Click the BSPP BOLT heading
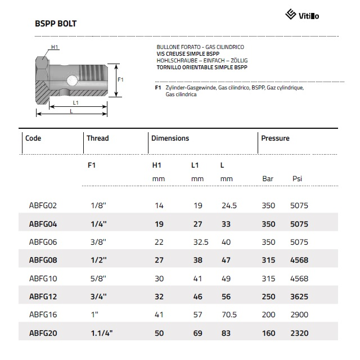click(56, 24)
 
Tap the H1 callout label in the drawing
click(55, 47)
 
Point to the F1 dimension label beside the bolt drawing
click(120, 80)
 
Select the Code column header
click(33, 138)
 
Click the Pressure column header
click(275, 138)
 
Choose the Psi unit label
click(297, 179)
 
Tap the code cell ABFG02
click(43, 206)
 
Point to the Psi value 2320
click(299, 333)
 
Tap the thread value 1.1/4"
click(102, 333)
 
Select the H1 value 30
click(159, 278)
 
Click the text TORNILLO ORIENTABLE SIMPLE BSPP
click(202, 67)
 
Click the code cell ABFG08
click(43, 260)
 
